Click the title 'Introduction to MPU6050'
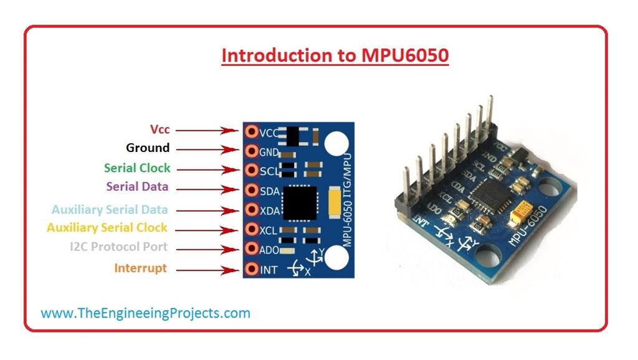(x=335, y=55)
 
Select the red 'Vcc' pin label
(x=159, y=130)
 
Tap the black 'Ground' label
(x=148, y=148)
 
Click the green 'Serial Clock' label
(x=137, y=168)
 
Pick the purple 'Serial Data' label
(x=137, y=187)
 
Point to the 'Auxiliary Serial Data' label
(x=110, y=210)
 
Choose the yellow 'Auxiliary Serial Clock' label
(x=107, y=228)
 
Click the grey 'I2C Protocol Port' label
(x=118, y=247)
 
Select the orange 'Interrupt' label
(x=140, y=268)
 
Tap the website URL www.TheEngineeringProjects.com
(x=145, y=313)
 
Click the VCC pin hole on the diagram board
(x=251, y=131)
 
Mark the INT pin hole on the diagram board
(x=251, y=270)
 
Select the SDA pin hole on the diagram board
(x=251, y=189)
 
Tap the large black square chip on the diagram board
(x=301, y=202)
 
